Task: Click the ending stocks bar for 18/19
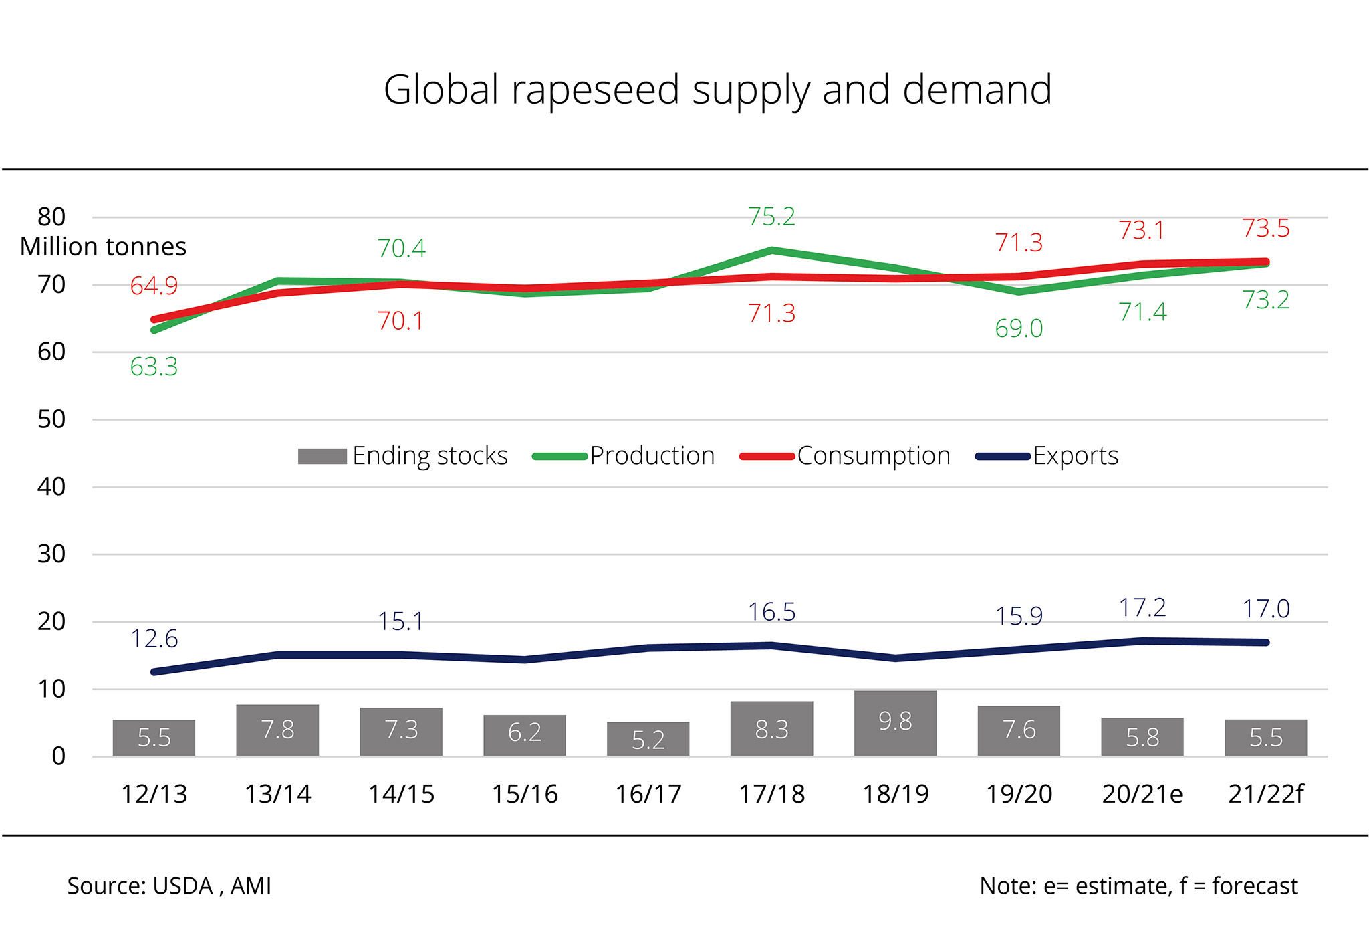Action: [895, 723]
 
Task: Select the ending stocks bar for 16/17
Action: [648, 739]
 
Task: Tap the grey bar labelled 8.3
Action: [771, 728]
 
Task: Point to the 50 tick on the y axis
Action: [51, 419]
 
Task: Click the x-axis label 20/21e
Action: [1142, 794]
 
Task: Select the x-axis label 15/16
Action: [525, 794]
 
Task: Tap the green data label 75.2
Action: [771, 217]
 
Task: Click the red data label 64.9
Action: [154, 286]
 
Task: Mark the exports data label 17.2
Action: [1142, 608]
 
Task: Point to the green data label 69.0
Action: [1019, 329]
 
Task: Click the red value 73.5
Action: [1265, 229]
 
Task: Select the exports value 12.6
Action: [154, 639]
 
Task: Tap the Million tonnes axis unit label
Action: [103, 247]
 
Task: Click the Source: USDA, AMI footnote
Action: [169, 886]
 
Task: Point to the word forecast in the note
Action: [1254, 886]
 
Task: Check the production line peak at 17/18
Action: [771, 251]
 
